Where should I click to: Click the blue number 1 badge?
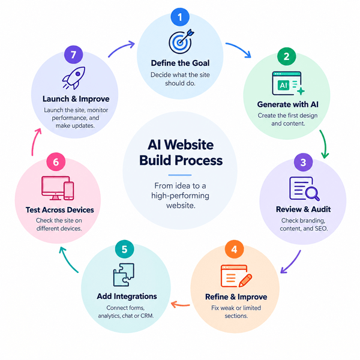pos(180,17)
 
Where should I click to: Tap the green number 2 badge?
pos(287,56)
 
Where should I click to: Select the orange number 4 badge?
pos(234,250)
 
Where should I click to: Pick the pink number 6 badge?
pos(56,162)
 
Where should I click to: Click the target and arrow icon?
pos(181,41)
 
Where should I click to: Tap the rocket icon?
pos(74,78)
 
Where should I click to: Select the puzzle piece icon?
pos(124,275)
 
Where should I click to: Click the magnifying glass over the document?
pos(312,193)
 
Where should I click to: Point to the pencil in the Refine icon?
pos(245,280)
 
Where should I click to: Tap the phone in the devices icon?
pos(68,191)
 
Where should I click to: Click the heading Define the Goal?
pos(180,63)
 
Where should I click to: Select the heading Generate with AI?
pos(287,104)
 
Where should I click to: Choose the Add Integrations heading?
pos(127,296)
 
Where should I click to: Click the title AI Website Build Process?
pos(181,152)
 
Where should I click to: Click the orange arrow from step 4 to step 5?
pos(181,305)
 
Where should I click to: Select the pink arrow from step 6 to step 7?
pos(35,141)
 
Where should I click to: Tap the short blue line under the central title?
pos(180,175)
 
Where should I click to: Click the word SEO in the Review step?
pos(321,229)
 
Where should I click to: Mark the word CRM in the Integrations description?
pos(147,316)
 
